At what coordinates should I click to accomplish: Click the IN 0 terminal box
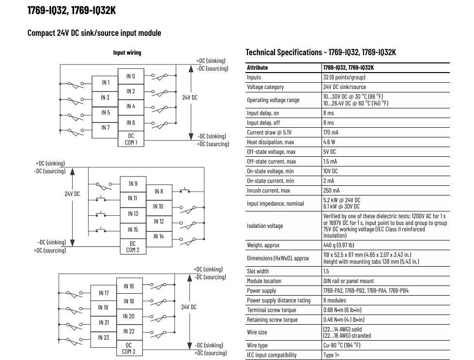(x=131, y=76)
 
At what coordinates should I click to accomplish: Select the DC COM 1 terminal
(x=131, y=139)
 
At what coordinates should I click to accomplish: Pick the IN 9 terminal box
(x=133, y=184)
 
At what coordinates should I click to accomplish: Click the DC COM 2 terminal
(x=133, y=246)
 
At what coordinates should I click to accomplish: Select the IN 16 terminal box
(x=129, y=285)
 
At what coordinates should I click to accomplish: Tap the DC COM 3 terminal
(x=129, y=348)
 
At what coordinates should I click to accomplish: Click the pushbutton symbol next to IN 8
(x=184, y=190)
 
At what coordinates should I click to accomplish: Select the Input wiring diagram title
(x=127, y=53)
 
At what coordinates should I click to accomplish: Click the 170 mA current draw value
(x=331, y=132)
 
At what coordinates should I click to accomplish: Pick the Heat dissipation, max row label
(x=270, y=142)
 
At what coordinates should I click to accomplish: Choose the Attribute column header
(x=257, y=68)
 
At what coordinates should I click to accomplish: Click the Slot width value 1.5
(x=326, y=271)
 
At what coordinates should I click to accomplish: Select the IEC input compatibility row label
(x=272, y=355)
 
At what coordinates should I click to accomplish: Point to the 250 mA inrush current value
(x=331, y=190)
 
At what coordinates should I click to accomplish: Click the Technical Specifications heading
(x=321, y=52)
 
